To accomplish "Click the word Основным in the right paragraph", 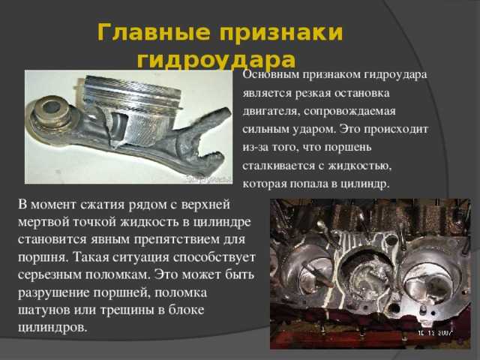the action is (271, 75).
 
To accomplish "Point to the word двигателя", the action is (270, 112).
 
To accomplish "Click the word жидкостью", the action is (360, 166).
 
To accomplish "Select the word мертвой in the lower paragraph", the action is (43, 222).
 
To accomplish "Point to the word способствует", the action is (214, 257).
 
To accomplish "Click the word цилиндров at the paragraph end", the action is (52, 328).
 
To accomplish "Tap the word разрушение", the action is (53, 293).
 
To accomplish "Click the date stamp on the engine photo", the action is (435, 333).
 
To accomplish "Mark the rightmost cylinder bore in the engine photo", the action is (430, 277).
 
